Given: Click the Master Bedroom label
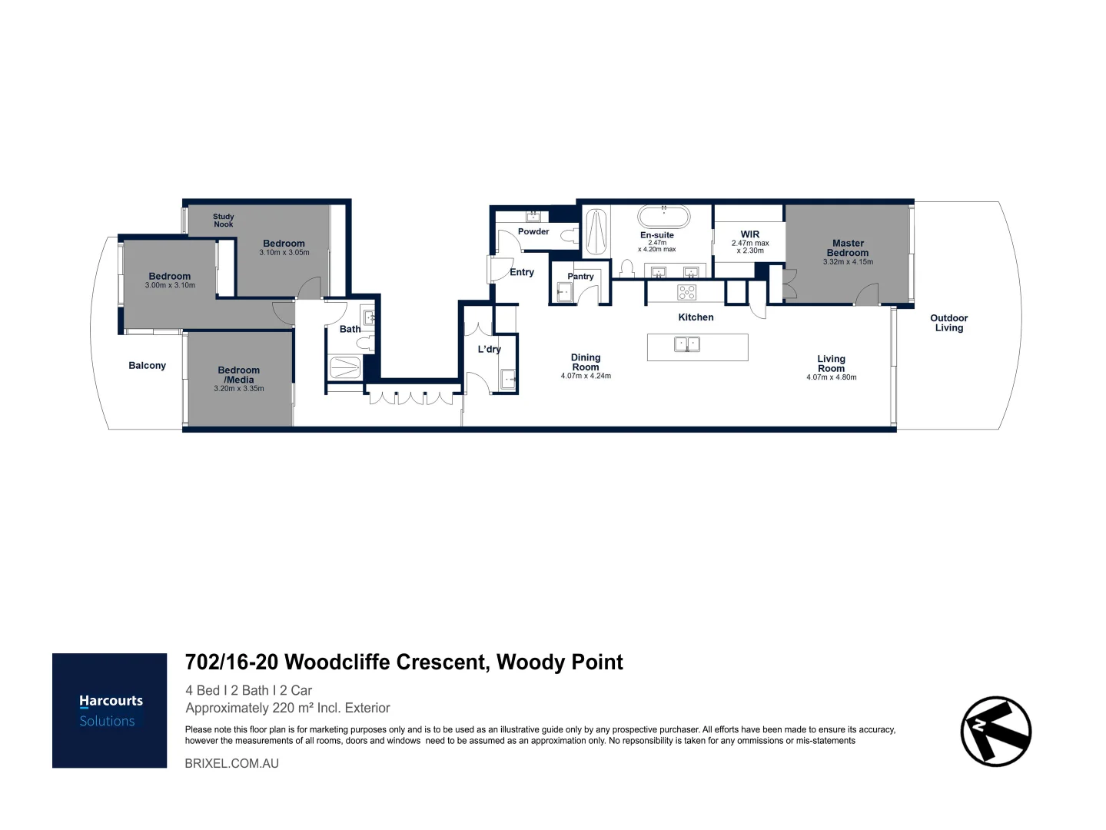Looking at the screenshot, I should tap(848, 247).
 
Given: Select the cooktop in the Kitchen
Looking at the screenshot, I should tap(686, 292).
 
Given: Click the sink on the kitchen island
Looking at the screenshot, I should tap(686, 345).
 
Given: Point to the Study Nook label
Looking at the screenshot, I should tap(223, 221).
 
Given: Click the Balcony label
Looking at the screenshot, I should tap(147, 366).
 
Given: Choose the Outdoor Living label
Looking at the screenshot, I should tap(948, 323).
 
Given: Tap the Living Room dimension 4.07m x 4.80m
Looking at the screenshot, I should tap(831, 377).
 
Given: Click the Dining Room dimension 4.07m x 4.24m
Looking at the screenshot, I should tap(586, 376).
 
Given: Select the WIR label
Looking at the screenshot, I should tap(749, 234).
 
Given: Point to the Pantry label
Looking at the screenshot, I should tap(580, 277).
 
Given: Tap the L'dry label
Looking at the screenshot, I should tap(489, 349).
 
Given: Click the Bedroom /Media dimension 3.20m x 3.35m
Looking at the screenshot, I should tap(238, 389).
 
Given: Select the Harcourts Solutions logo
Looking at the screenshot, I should tap(110, 710).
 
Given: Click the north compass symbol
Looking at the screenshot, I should tap(995, 731).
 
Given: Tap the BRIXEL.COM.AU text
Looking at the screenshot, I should tap(231, 763).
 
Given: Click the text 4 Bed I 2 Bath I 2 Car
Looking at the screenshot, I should tap(248, 690).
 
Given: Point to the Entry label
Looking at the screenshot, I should tap(521, 272).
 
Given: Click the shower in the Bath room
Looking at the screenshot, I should tap(345, 367).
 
